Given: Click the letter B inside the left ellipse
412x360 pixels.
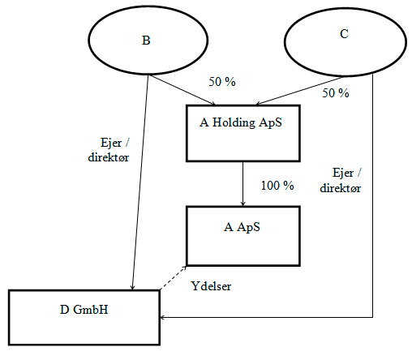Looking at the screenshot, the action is [146, 41].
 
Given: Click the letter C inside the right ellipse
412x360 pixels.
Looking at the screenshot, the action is [344, 34].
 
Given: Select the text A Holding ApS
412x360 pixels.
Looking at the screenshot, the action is [241, 122].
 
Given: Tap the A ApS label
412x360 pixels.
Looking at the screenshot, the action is [242, 227].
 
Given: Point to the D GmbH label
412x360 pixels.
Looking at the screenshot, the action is [84, 310].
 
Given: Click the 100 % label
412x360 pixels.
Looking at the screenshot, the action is [277, 186].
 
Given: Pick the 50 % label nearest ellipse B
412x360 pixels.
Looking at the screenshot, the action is [222, 82].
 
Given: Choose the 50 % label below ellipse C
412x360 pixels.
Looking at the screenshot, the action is [336, 93].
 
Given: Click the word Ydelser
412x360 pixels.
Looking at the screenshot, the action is [211, 286].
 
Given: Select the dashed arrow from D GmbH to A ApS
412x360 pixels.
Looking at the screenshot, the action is [173, 278].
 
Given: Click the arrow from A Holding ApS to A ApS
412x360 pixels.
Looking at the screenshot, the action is [242, 184].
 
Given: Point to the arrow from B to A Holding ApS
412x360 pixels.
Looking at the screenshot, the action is [182, 90].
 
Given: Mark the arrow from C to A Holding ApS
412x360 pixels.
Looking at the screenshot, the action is [300, 91].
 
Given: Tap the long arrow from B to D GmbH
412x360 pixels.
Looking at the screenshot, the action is [140, 182].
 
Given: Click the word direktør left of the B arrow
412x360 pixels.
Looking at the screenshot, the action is [109, 157].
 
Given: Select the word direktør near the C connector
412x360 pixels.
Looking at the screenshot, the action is [341, 188].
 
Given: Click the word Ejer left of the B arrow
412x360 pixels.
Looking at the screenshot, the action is [111, 143].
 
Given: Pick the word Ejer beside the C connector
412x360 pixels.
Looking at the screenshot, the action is [343, 173].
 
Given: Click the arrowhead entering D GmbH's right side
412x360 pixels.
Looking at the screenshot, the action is [162, 317].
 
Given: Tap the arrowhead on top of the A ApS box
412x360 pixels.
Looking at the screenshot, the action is [242, 204].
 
